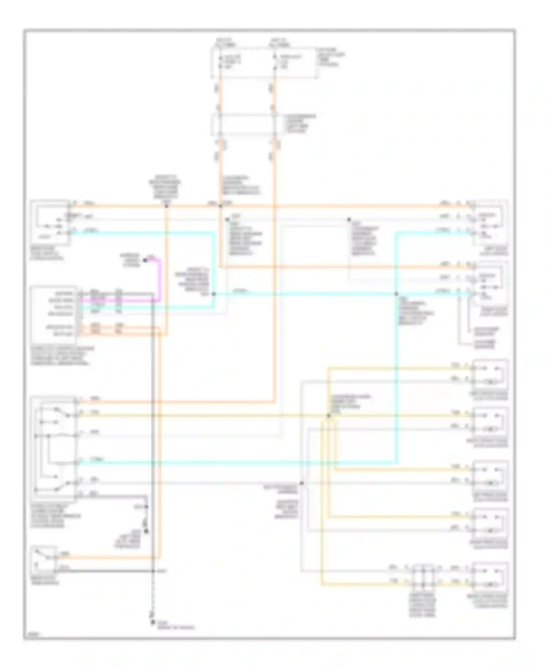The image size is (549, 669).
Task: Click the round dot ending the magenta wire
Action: coord(145,260)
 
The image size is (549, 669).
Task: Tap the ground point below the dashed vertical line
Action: coord(153,623)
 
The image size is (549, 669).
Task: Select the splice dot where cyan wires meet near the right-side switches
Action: coord(396,294)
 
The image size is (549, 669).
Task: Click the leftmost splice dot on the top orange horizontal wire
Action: coord(166,206)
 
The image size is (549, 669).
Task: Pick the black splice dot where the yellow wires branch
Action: coord(328,415)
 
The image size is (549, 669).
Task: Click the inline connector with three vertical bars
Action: coord(423,575)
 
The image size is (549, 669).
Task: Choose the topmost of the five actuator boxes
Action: coord(490,374)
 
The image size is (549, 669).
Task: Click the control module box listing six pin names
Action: coord(54,314)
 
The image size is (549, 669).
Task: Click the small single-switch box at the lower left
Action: coord(44,559)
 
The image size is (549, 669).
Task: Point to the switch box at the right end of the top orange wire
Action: coord(490,223)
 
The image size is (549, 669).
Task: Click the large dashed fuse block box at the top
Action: coord(264,62)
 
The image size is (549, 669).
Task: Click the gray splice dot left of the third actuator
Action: coord(302,483)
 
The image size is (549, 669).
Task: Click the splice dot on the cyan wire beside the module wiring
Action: coord(214,294)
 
